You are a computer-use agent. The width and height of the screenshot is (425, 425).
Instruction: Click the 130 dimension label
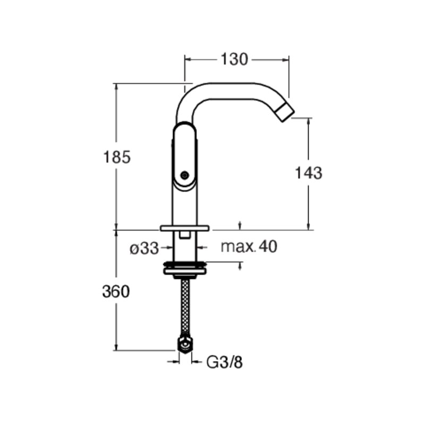234,59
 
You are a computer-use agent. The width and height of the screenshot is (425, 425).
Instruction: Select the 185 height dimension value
117,157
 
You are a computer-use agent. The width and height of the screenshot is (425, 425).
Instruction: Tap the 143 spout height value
309,173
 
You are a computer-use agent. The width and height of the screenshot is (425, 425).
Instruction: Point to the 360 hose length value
116,292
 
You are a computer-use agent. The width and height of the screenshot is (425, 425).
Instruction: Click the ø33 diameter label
144,248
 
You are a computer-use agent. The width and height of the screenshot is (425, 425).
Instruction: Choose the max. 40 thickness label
249,246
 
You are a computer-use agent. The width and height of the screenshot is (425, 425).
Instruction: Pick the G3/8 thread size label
224,362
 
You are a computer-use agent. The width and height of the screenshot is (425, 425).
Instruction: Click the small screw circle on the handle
184,175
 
